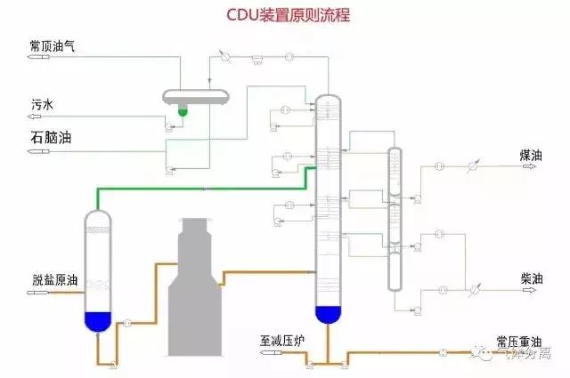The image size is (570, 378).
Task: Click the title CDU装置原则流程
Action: click(285, 15)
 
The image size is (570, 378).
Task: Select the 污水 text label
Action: click(41, 104)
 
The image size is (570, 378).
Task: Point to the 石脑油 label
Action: click(51, 138)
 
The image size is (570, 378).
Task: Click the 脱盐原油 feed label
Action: click(53, 280)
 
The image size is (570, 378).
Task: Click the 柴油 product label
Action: click(532, 278)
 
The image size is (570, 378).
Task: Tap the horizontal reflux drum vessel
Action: click(197, 96)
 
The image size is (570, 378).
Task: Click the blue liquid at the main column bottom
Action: click(329, 313)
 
